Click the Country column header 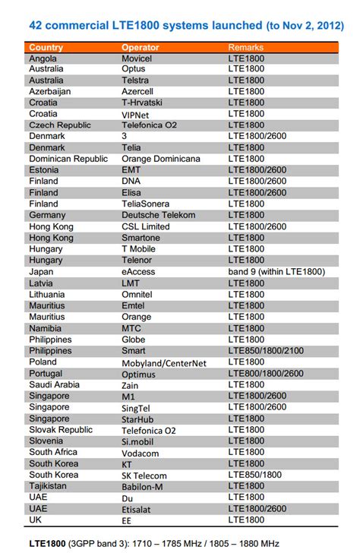46,47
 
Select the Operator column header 141,47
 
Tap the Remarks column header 246,47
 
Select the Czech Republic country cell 59,125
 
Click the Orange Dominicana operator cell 160,160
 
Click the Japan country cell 41,272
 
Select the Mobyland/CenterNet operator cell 164,362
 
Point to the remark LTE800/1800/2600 266,374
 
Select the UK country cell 36,520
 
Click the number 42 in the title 35,25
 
